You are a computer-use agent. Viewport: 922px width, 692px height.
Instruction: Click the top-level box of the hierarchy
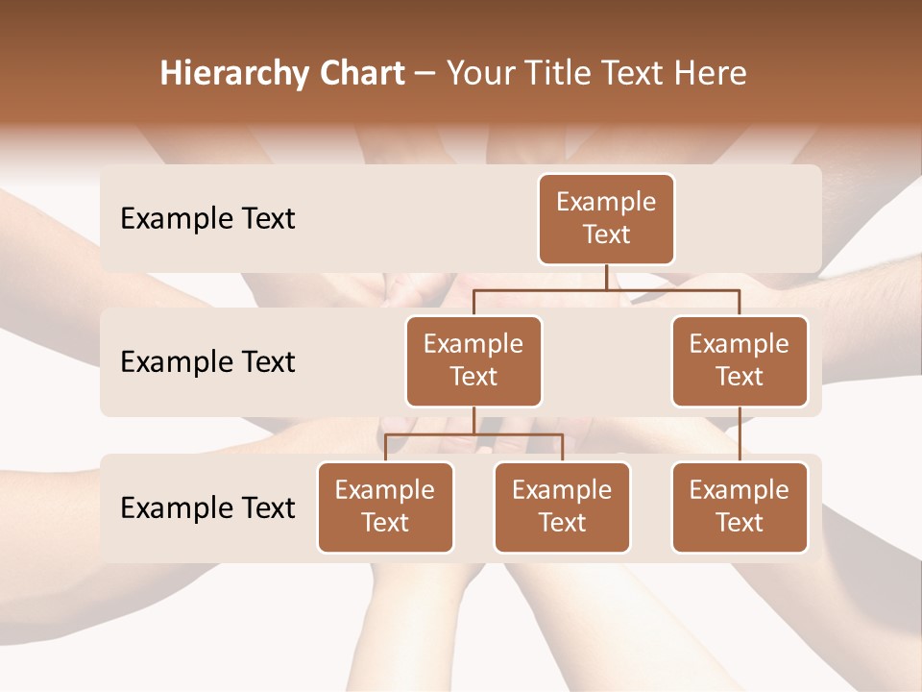tap(606, 218)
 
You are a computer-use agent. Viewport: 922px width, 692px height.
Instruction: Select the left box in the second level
tap(473, 360)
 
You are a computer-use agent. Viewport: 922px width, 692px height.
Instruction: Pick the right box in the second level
tap(740, 360)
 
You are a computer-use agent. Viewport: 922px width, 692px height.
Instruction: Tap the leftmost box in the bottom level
tap(385, 507)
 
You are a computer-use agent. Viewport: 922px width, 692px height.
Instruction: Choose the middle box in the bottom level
tap(562, 507)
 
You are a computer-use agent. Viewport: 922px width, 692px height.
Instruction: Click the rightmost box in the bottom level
tap(740, 507)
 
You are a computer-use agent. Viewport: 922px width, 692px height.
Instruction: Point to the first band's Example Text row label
tap(207, 219)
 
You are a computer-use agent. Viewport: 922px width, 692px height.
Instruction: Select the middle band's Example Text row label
tap(207, 362)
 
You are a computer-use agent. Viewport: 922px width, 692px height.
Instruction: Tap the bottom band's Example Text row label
tap(207, 508)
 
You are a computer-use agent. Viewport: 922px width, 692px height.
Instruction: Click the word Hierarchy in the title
tap(230, 74)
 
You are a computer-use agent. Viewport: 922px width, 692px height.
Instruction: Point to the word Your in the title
tap(477, 73)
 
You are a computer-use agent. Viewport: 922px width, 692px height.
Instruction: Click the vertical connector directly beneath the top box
tap(606, 277)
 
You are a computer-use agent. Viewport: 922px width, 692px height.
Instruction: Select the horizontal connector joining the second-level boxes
tap(672, 288)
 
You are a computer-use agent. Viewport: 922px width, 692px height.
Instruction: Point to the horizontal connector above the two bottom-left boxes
tap(519, 434)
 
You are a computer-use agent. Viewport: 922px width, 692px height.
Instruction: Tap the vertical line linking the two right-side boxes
tap(740, 434)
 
